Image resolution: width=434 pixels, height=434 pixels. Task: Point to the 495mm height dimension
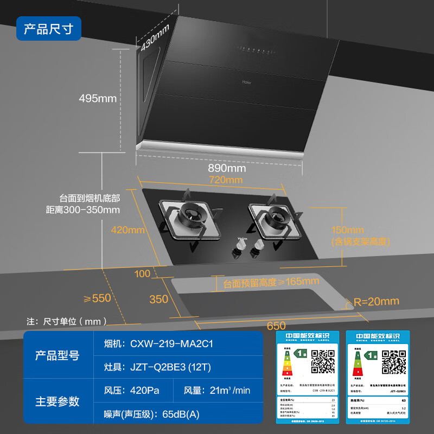point(98,99)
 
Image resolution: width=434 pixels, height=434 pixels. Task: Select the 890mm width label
point(226,168)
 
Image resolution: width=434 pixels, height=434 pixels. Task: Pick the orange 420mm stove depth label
point(127,229)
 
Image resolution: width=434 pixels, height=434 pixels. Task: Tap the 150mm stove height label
point(348,229)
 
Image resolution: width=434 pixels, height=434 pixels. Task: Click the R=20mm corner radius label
point(376,301)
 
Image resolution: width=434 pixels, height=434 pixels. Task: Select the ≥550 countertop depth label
point(97,298)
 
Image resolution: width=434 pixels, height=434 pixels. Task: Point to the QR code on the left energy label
point(322,361)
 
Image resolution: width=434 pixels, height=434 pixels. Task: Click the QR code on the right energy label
point(394,361)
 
